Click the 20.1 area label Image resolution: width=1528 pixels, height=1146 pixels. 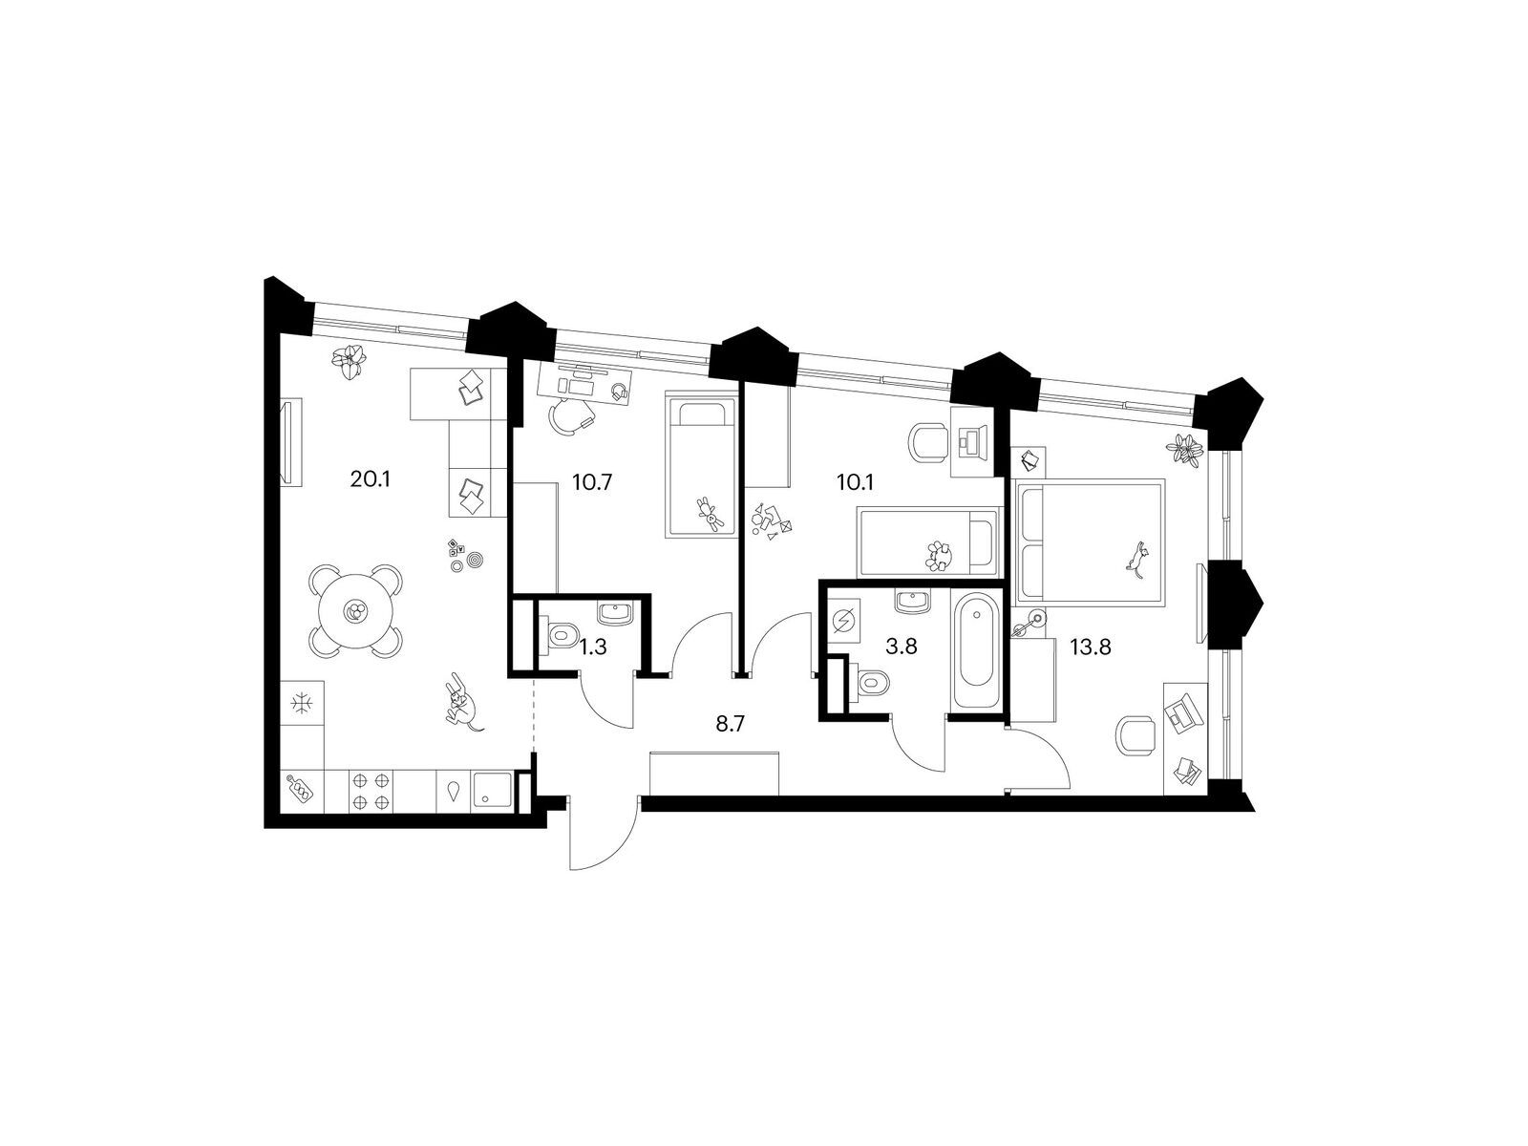click(x=371, y=480)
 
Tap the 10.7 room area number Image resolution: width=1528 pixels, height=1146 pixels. click(x=592, y=482)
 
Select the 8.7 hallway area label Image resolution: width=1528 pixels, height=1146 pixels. click(x=731, y=724)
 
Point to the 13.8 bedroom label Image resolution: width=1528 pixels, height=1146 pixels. click(x=1091, y=647)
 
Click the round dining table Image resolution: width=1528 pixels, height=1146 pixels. click(x=355, y=611)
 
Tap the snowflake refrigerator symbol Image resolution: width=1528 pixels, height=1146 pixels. click(x=302, y=704)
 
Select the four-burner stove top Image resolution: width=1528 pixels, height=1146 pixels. click(x=370, y=791)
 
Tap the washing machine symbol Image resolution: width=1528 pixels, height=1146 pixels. click(x=843, y=619)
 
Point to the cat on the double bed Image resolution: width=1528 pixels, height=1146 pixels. click(x=1136, y=557)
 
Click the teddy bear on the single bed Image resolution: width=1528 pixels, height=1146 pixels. click(x=711, y=515)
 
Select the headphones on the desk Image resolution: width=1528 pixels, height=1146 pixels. click(x=619, y=393)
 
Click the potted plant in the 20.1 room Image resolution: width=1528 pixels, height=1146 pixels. click(x=350, y=362)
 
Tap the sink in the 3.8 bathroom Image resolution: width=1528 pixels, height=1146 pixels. click(x=913, y=601)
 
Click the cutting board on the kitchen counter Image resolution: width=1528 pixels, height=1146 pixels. click(x=302, y=790)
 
